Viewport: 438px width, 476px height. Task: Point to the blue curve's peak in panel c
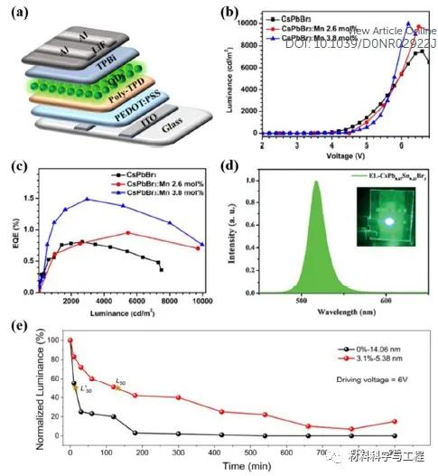[x=88, y=199]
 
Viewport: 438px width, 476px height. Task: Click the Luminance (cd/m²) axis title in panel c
[x=126, y=314]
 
